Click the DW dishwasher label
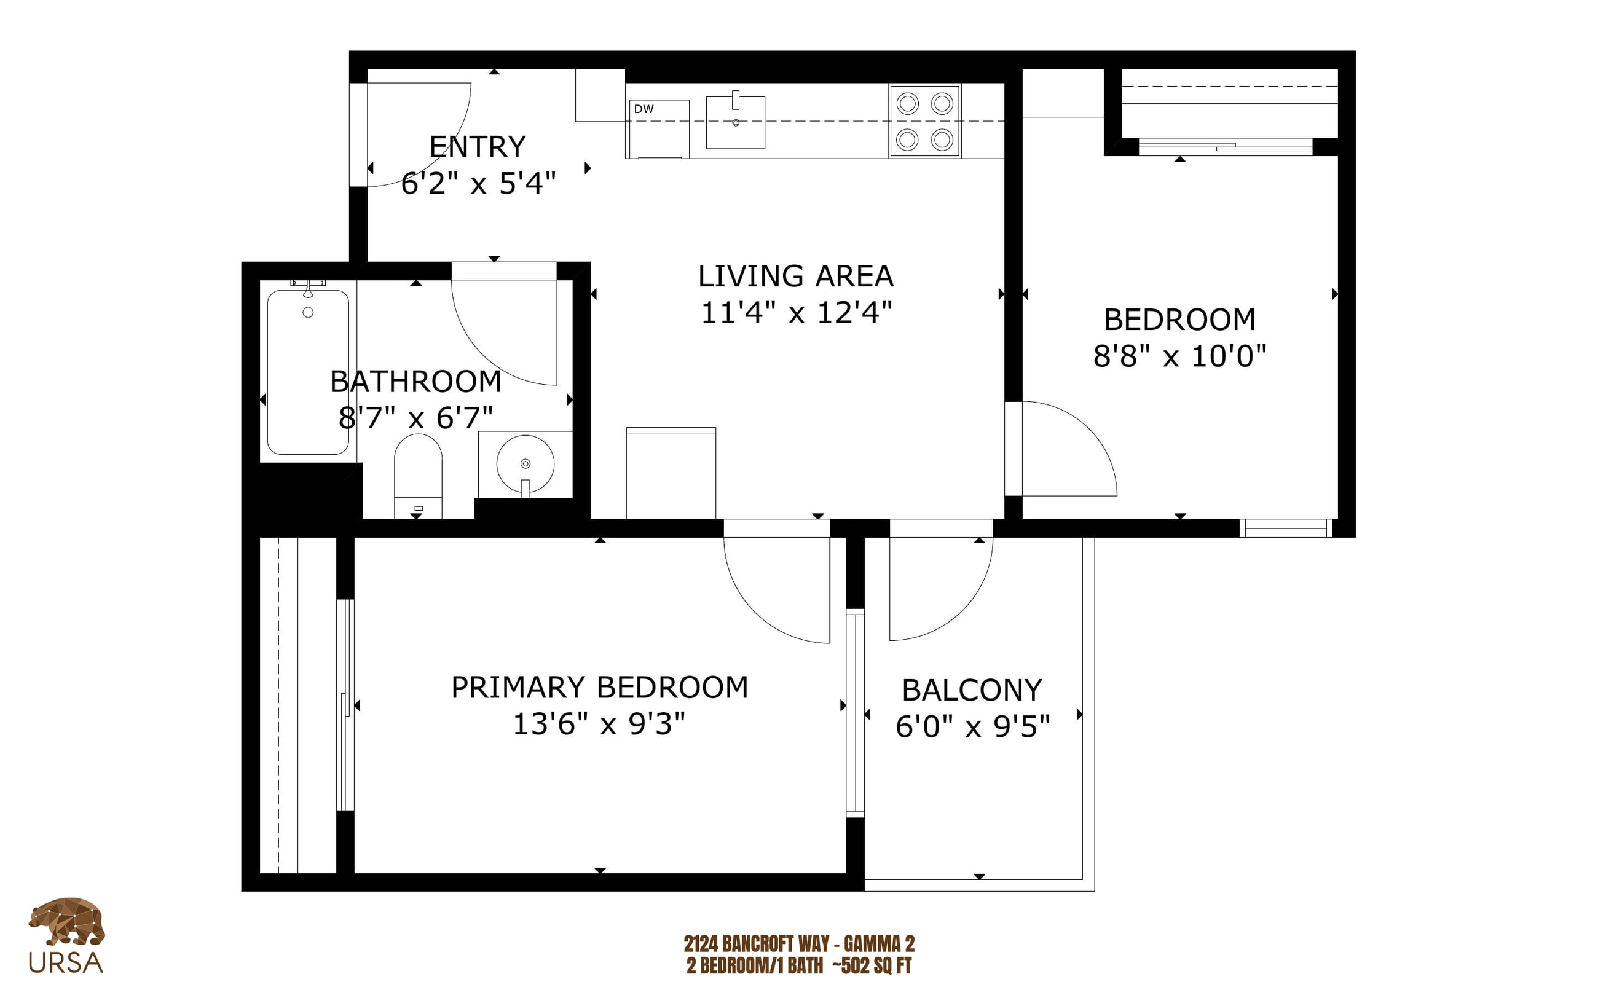tap(643, 109)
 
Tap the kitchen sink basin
tap(735, 122)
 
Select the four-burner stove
tap(924, 121)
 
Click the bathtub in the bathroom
tap(307, 372)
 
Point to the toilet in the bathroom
tap(418, 475)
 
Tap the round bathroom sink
tap(525, 463)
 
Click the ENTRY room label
tap(477, 146)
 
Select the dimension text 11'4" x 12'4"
tap(796, 312)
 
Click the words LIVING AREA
tap(796, 276)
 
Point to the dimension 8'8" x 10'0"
tap(1179, 356)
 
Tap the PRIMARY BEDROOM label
tap(599, 687)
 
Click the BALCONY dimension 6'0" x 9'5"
tap(972, 727)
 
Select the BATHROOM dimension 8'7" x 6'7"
tap(416, 417)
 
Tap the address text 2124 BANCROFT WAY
tap(757, 944)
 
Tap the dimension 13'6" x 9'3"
tap(599, 724)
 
